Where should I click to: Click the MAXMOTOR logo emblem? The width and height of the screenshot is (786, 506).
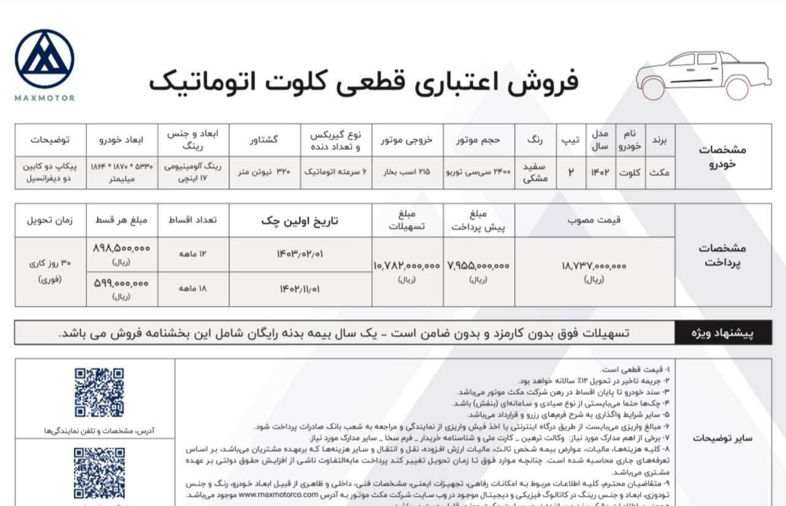tap(44, 59)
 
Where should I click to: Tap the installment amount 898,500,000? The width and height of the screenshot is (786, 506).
tap(122, 248)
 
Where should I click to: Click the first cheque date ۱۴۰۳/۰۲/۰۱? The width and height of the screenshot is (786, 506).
tap(300, 254)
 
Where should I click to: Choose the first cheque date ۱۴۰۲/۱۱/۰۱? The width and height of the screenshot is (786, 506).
tap(300, 289)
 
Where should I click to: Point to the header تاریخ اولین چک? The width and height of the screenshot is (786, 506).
tap(300, 220)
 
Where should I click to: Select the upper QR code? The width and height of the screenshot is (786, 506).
tap(99, 392)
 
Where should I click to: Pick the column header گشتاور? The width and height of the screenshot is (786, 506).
tap(265, 139)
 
